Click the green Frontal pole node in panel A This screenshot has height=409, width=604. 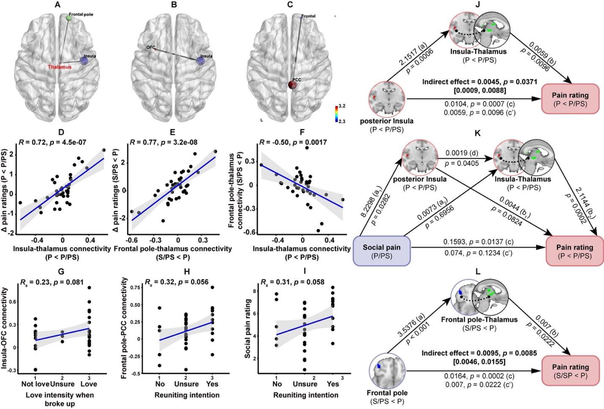pos(69,17)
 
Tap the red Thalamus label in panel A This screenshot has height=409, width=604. pos(60,67)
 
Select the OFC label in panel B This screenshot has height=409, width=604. pos(151,47)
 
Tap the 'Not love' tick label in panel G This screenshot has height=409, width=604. pos(35,384)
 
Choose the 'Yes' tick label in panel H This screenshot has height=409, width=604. pos(211,384)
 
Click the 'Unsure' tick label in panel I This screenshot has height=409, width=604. pos(305,384)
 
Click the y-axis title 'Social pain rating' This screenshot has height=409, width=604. pos(248,329)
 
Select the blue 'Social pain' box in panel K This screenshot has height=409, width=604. pos(381,251)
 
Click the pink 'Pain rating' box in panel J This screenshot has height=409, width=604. pos(571,99)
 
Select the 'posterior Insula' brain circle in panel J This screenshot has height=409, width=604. pos(388,99)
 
